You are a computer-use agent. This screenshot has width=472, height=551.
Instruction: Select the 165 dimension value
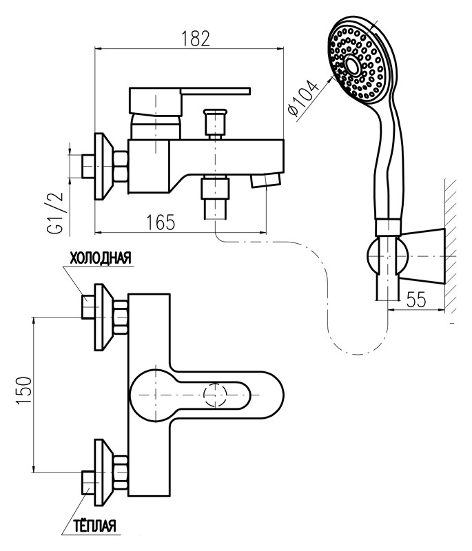161,222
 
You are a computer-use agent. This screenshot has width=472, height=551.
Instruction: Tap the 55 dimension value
417,299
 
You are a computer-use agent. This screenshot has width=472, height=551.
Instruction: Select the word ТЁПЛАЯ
94,527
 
